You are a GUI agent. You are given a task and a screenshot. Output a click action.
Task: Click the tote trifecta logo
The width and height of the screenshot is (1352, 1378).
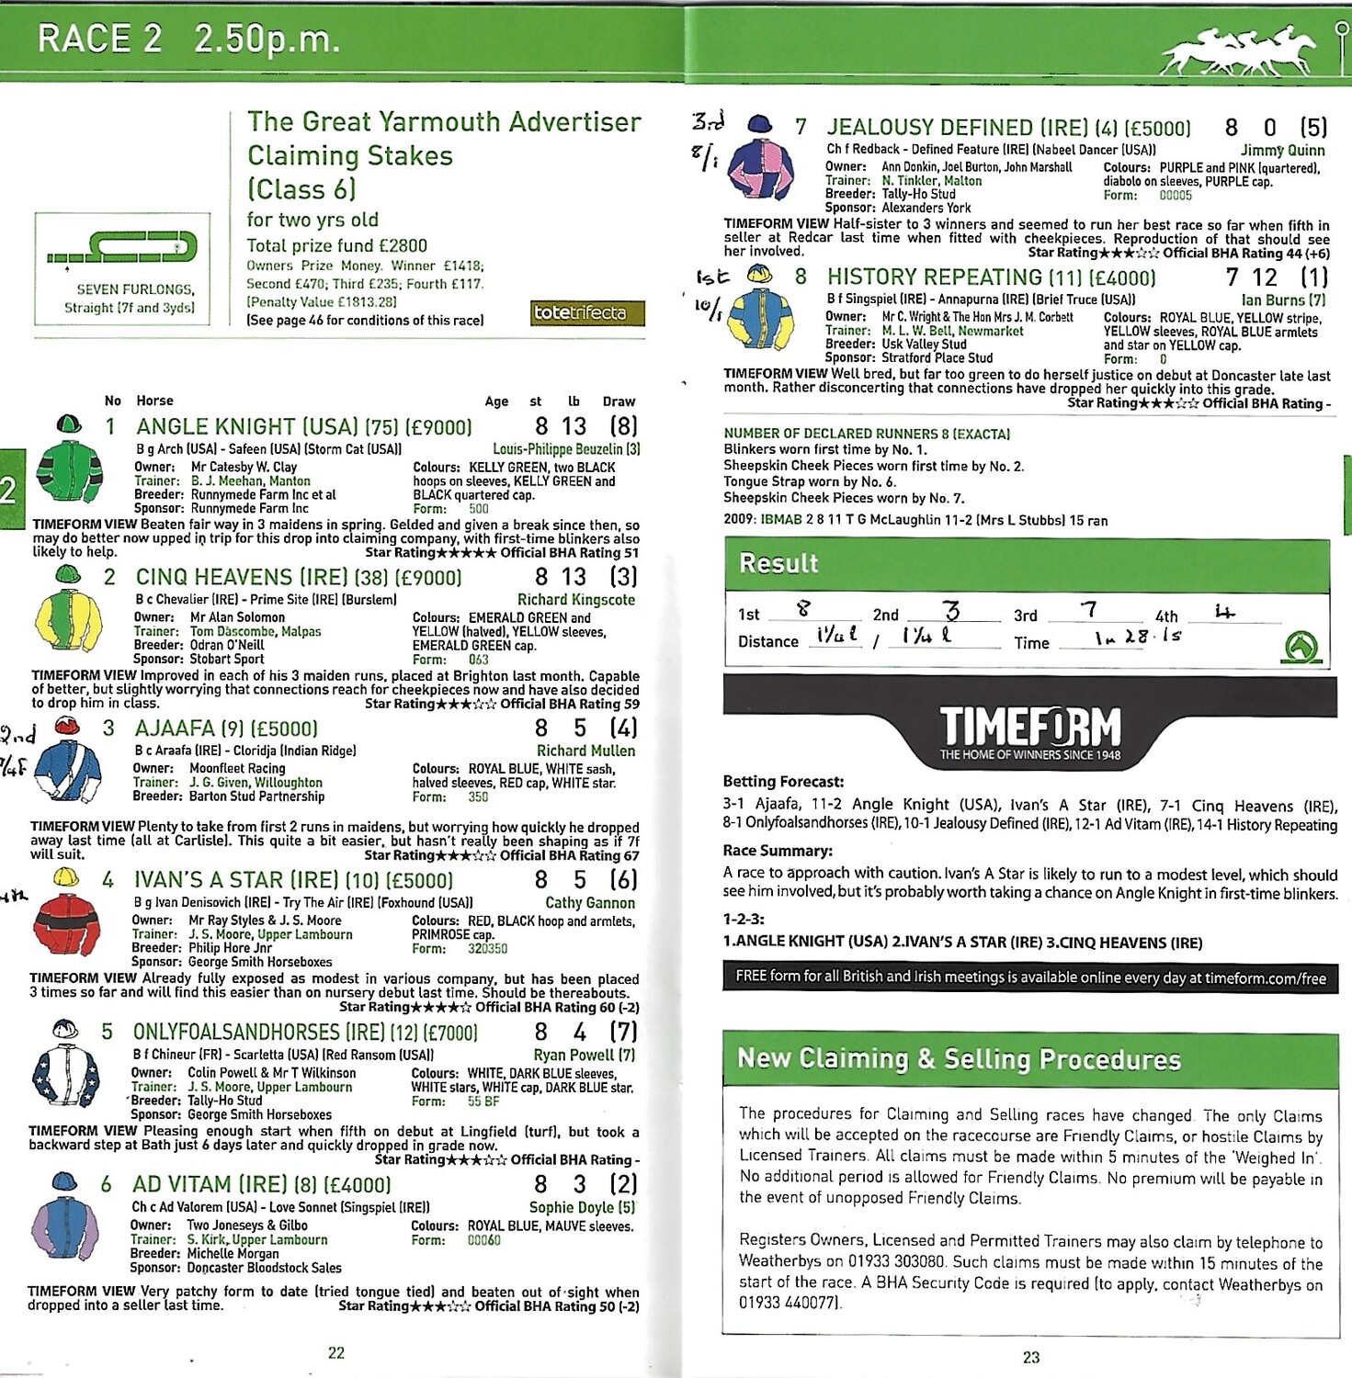point(587,313)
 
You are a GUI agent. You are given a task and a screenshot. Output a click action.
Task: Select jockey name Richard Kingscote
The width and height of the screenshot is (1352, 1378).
point(575,600)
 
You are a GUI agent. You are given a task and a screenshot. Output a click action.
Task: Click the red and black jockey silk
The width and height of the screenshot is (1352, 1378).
point(66,922)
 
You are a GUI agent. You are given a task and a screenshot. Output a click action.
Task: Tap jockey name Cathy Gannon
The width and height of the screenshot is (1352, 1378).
point(589,903)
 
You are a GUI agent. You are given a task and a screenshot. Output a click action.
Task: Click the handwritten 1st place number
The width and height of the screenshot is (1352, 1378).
point(804,609)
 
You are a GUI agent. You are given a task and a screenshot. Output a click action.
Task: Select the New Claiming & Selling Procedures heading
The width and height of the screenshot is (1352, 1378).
point(959,1059)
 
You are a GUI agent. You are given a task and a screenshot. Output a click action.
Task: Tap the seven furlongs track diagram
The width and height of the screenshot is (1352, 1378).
point(122,247)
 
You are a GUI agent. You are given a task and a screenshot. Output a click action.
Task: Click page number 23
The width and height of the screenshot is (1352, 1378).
point(1030,1357)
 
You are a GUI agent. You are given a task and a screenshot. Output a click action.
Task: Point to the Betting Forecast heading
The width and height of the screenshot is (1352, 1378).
point(783,782)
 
